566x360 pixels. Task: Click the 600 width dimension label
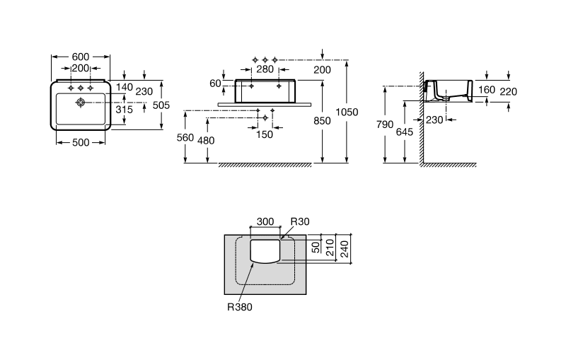coord(81,57)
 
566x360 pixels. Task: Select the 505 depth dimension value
coord(161,105)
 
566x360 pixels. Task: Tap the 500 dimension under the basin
coord(81,142)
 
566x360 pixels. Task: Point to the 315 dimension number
coord(125,110)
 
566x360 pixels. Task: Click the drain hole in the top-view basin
coord(81,103)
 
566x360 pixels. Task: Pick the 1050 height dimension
coord(347,112)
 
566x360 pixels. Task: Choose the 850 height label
coord(322,121)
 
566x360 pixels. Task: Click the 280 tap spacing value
coord(265,69)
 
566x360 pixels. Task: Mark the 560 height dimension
coord(185,137)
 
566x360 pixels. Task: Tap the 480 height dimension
coord(206,140)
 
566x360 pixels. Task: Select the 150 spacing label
coord(265,134)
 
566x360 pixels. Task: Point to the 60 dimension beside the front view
coord(215,83)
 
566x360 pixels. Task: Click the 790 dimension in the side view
coord(384,124)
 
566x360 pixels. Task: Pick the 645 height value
coord(404,132)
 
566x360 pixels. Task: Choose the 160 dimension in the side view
coord(487,89)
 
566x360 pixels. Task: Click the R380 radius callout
coord(240,307)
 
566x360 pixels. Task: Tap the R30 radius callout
coord(300,221)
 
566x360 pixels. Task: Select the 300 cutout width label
coord(265,221)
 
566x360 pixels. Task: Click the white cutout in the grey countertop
coord(265,250)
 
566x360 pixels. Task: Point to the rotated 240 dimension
coord(345,249)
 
